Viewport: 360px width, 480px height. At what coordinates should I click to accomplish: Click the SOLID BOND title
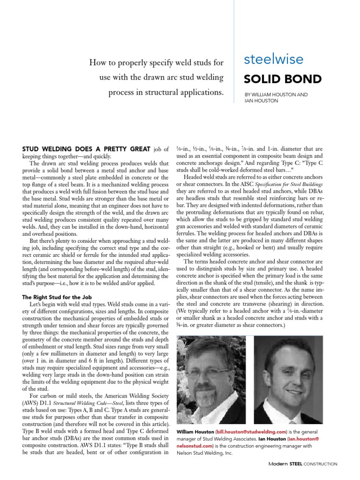coord(276,78)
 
